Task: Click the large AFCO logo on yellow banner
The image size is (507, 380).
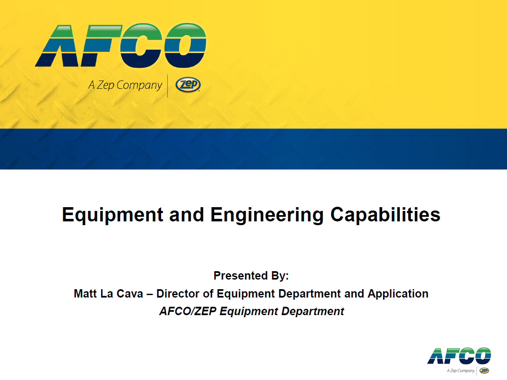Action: click(x=120, y=46)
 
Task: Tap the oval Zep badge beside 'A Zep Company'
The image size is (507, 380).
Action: click(x=188, y=85)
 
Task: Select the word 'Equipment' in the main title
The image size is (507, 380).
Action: click(x=113, y=215)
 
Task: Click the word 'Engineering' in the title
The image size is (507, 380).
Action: click(x=267, y=215)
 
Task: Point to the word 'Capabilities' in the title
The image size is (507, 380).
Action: click(x=385, y=215)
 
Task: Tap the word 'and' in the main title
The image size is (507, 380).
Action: click(x=187, y=215)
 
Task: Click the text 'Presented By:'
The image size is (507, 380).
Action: click(x=251, y=276)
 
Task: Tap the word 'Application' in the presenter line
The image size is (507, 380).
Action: click(x=398, y=294)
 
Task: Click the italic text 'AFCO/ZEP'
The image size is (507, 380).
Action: click(x=188, y=311)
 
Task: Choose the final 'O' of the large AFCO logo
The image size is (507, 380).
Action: click(x=185, y=45)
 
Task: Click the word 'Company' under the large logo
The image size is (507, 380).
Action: click(x=139, y=85)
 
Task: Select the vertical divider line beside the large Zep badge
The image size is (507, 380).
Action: click(x=167, y=86)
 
